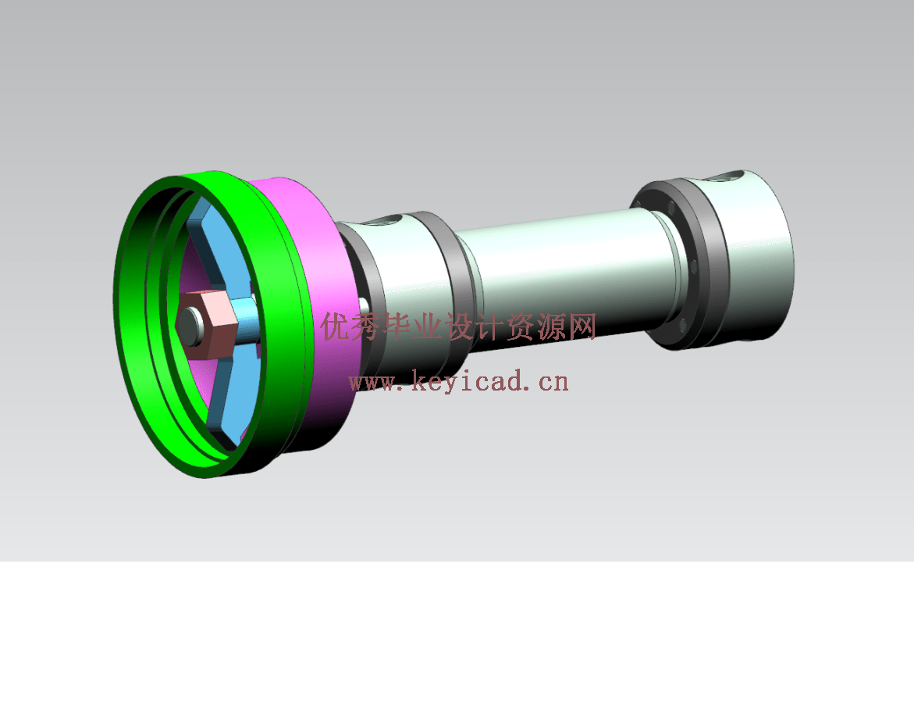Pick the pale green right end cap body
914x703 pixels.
pyautogui.click(x=757, y=258)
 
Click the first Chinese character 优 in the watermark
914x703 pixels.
pyautogui.click(x=336, y=327)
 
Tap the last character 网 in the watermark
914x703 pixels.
pyautogui.click(x=581, y=327)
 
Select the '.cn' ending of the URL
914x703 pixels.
pyautogui.click(x=549, y=382)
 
